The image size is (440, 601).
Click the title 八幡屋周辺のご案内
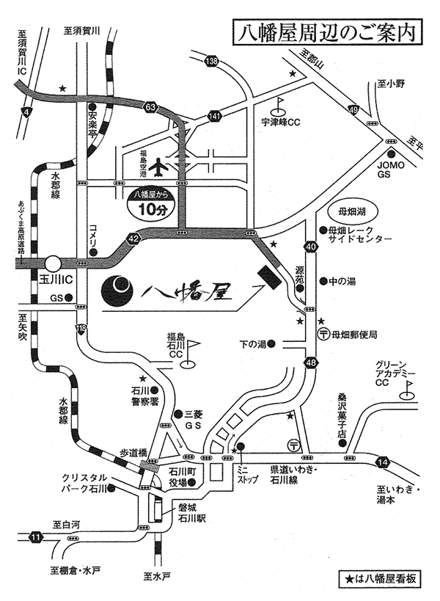(x=322, y=32)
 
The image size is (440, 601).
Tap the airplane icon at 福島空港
(x=157, y=168)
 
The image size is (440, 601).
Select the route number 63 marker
(x=151, y=108)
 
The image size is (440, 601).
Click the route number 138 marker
(x=212, y=61)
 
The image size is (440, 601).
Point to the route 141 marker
(x=214, y=116)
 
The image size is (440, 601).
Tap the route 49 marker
(x=353, y=110)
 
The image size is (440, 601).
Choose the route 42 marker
(x=132, y=238)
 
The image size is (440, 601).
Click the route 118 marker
(x=81, y=328)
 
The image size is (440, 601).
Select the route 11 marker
(x=36, y=538)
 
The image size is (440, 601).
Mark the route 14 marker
(x=382, y=462)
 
